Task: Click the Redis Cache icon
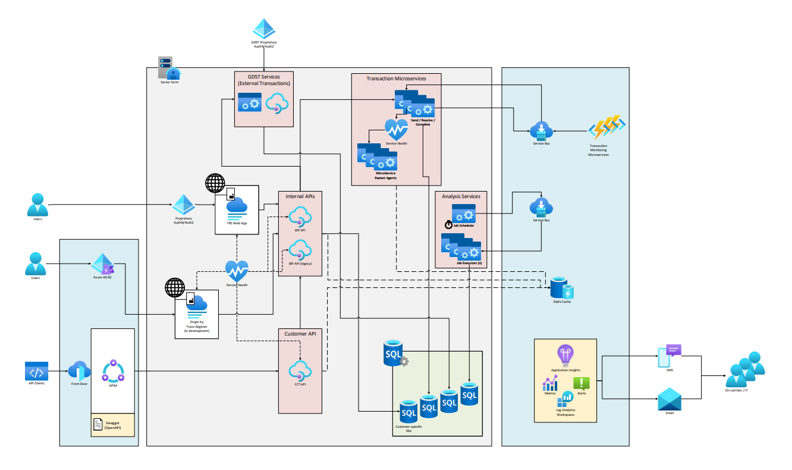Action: click(561, 288)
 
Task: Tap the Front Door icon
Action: click(79, 371)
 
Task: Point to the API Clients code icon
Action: click(36, 371)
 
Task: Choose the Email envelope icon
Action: click(669, 399)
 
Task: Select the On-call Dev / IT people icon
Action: click(745, 369)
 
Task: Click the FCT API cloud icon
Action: click(300, 371)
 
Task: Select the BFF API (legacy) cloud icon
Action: click(300, 249)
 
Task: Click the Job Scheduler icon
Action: click(463, 214)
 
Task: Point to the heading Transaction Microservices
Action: click(396, 79)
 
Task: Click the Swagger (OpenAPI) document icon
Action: click(99, 424)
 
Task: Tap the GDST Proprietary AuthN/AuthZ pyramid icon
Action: click(263, 29)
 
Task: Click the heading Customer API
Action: click(300, 334)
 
